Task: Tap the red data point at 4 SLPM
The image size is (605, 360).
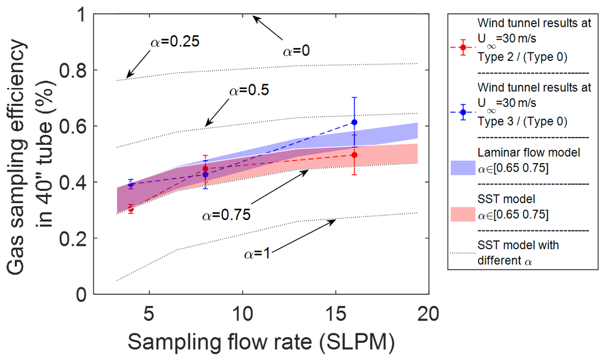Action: pyautogui.click(x=131, y=210)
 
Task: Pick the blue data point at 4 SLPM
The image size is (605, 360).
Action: pyautogui.click(x=131, y=185)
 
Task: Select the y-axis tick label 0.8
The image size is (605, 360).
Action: pyautogui.click(x=73, y=70)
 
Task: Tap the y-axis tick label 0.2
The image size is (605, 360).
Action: pyautogui.click(x=73, y=238)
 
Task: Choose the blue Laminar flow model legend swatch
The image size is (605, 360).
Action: pyautogui.click(x=463, y=169)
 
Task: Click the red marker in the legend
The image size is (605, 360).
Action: pyautogui.click(x=463, y=47)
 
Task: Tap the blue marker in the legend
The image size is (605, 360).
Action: pyautogui.click(x=463, y=112)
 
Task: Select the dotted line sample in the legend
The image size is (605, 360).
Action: pyautogui.click(x=463, y=253)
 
